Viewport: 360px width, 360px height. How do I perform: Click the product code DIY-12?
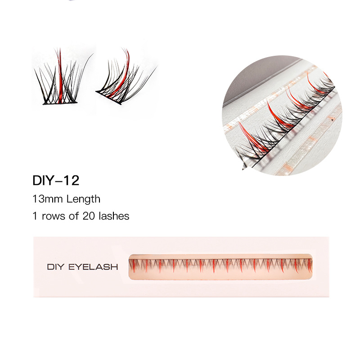pyautogui.click(x=56, y=180)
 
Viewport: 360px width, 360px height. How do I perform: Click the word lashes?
pyautogui.click(x=114, y=216)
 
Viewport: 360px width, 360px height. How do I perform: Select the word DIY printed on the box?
pyautogui.click(x=56, y=267)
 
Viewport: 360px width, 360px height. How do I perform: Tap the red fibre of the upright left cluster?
pyautogui.click(x=59, y=74)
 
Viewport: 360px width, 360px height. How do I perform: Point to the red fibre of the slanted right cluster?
pyautogui.click(x=122, y=72)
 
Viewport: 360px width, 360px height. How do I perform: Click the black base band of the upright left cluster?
pyautogui.click(x=60, y=103)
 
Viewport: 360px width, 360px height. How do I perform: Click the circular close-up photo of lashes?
pyautogui.click(x=281, y=116)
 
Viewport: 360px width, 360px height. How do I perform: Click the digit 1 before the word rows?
pyautogui.click(x=34, y=216)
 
